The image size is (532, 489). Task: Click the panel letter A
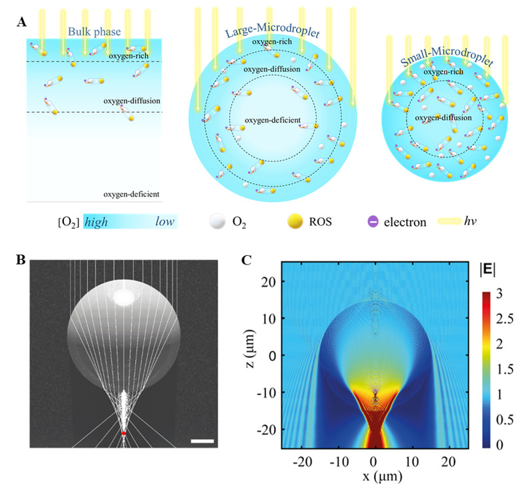(x=22, y=22)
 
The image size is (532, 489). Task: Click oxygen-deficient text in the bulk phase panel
(x=131, y=194)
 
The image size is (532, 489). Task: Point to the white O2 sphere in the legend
(x=215, y=221)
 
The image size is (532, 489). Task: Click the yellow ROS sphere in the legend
(x=293, y=221)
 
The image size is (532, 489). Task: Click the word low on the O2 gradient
(x=165, y=222)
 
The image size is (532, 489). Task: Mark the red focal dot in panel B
(x=123, y=433)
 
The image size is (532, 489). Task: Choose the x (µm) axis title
(x=375, y=478)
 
